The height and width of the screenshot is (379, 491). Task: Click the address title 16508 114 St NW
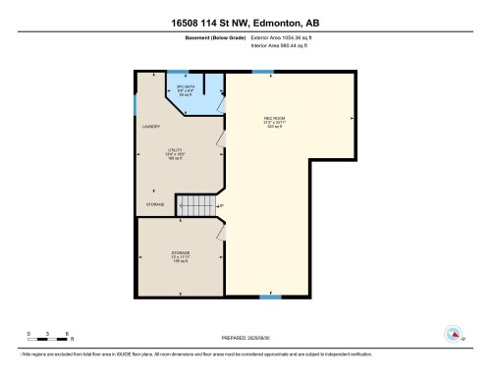tap(245, 22)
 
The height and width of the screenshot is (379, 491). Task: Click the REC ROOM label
tap(273, 119)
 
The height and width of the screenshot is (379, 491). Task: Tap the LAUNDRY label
tap(151, 127)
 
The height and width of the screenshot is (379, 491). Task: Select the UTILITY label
tap(175, 149)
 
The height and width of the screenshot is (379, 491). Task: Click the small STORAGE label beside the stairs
tap(155, 204)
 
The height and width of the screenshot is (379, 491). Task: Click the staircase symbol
tap(194, 205)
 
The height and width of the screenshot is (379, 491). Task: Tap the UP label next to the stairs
tap(220, 205)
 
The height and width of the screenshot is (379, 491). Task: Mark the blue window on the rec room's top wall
tap(262, 72)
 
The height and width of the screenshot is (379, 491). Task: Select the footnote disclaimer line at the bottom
tap(245, 353)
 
